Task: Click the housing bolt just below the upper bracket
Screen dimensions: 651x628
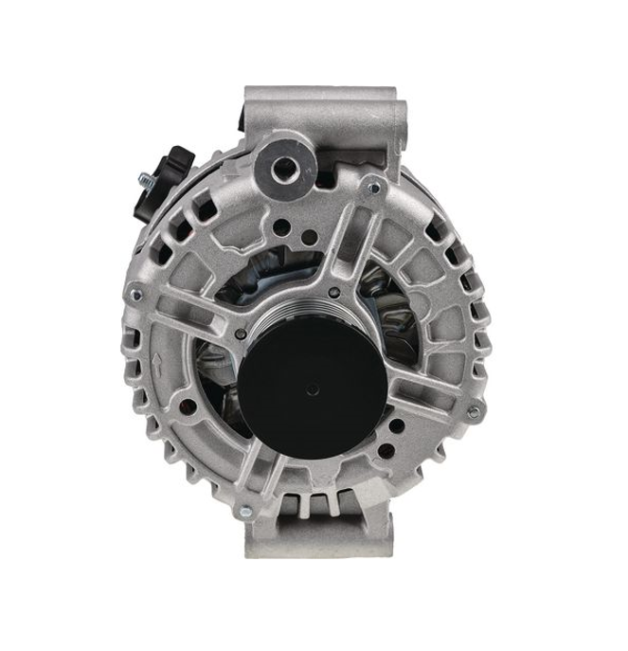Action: coord(372,189)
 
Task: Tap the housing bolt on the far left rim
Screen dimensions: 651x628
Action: coord(136,295)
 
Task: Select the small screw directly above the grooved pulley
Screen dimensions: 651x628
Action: coord(333,281)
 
